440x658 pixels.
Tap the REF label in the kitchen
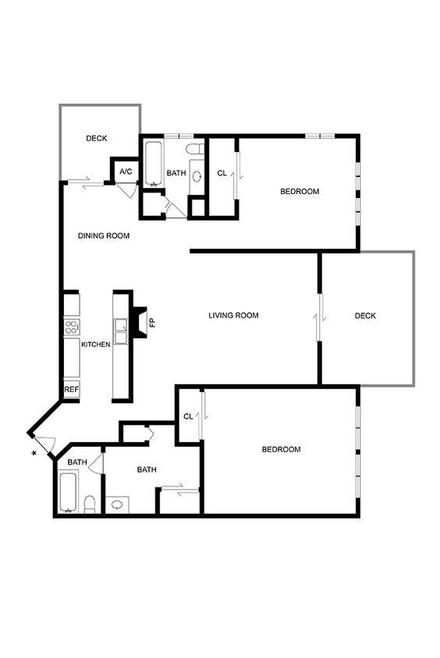71,389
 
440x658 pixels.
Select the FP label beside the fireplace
152,320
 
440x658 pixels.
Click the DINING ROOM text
104,235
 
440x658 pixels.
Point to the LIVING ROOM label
233,316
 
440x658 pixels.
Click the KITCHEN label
96,345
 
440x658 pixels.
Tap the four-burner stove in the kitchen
71,327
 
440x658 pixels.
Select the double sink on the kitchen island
121,332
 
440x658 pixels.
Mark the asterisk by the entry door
34,453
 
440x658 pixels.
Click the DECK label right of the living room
365,316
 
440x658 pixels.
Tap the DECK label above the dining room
97,139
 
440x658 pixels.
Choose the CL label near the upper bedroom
222,173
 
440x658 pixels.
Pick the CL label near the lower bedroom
188,417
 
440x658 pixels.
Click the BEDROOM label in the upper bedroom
300,191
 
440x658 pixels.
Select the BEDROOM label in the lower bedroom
281,449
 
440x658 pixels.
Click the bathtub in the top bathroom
153,164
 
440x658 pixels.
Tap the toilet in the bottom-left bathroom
90,504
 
